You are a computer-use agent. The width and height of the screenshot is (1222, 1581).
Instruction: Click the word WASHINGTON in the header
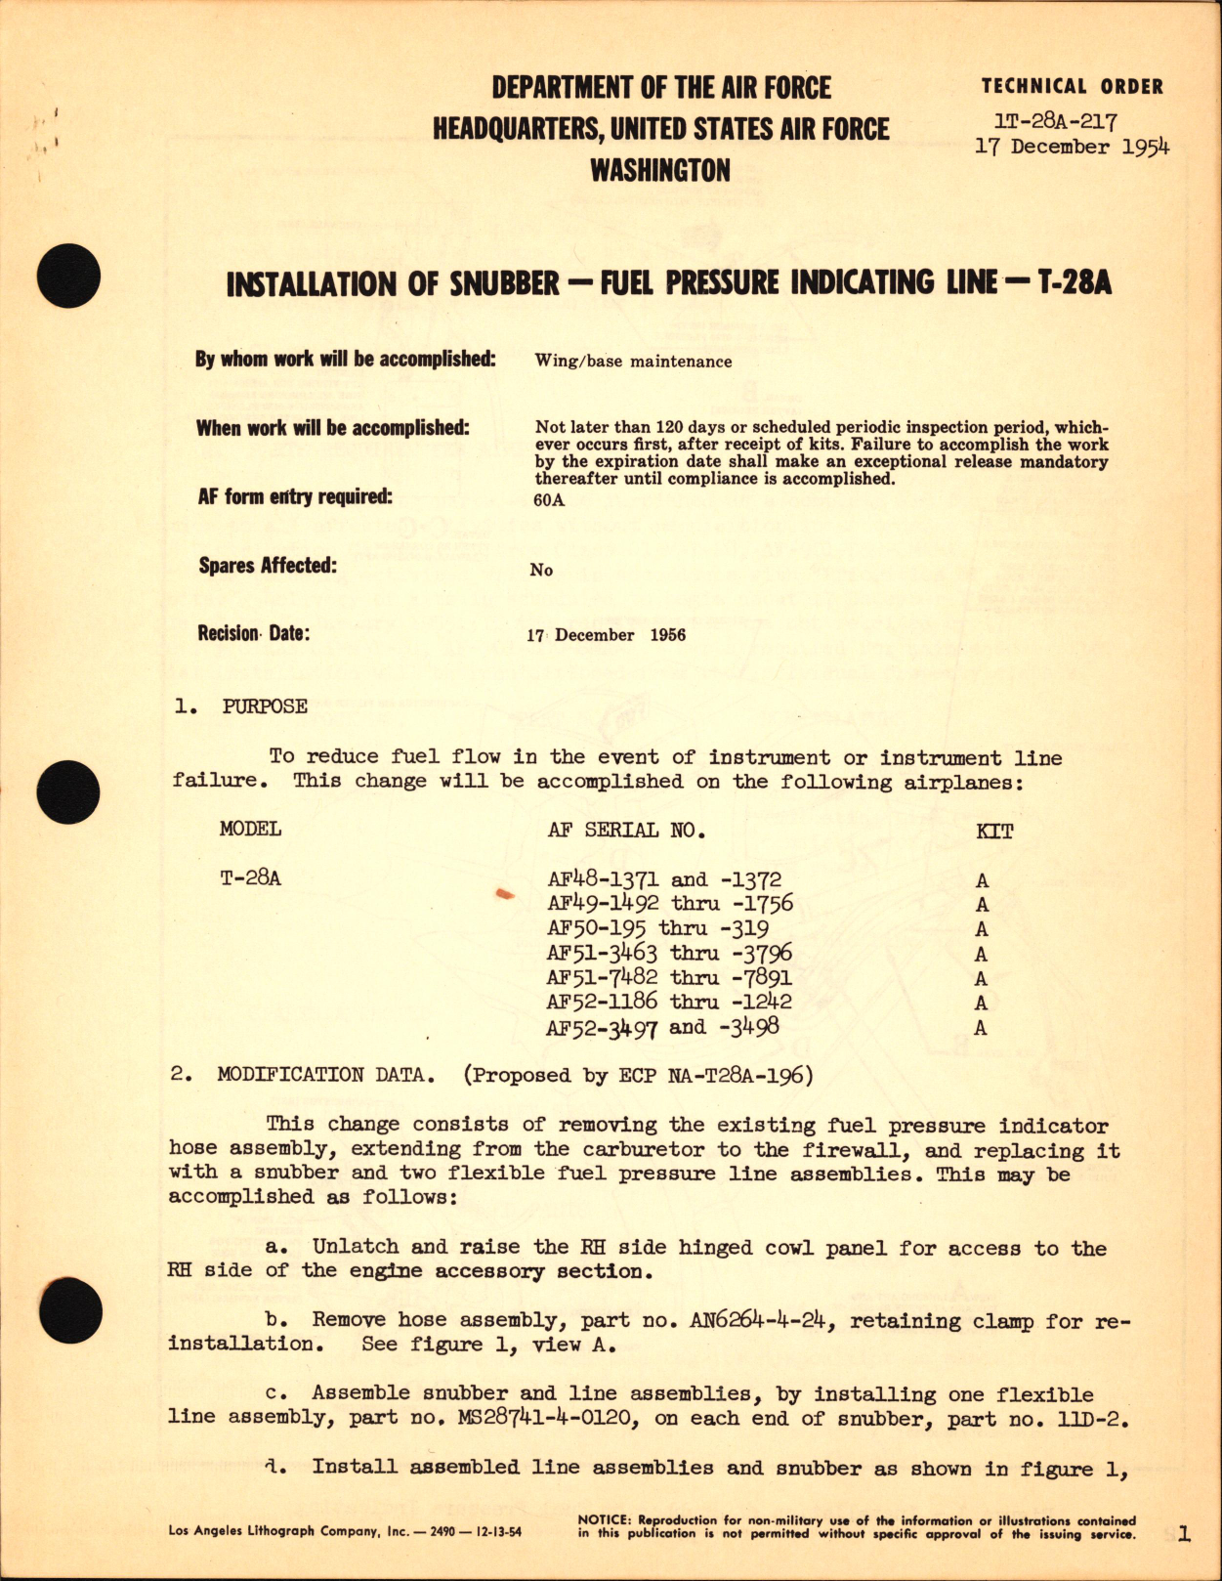pyautogui.click(x=660, y=171)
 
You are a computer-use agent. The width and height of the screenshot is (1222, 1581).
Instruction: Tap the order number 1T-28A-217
pyautogui.click(x=1055, y=121)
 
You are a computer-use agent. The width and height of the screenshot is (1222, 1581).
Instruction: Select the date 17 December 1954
pyautogui.click(x=1072, y=148)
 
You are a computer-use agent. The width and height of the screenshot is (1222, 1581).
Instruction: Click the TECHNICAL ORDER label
pyautogui.click(x=1072, y=87)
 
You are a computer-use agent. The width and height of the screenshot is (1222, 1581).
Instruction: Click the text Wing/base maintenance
pyautogui.click(x=633, y=362)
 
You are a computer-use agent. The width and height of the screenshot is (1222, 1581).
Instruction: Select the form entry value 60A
pyautogui.click(x=549, y=501)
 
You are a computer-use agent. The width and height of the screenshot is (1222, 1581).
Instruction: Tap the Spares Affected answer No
pyautogui.click(x=541, y=570)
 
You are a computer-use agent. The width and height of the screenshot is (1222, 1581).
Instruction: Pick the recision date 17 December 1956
pyautogui.click(x=606, y=635)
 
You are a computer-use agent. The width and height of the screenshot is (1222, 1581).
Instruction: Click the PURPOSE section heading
pyautogui.click(x=264, y=706)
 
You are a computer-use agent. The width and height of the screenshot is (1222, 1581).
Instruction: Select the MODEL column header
pyautogui.click(x=250, y=829)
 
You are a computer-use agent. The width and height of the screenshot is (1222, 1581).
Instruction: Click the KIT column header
pyautogui.click(x=994, y=832)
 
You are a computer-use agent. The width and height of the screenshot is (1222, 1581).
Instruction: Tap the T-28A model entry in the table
pyautogui.click(x=250, y=878)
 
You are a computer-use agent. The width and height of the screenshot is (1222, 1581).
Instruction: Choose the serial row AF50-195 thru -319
pyautogui.click(x=657, y=928)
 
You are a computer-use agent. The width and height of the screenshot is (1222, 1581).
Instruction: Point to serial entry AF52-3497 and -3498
pyautogui.click(x=663, y=1027)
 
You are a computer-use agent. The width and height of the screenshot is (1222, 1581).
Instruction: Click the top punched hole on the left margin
pyautogui.click(x=68, y=270)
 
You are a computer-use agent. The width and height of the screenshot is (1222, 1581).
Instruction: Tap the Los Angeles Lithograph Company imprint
pyautogui.click(x=344, y=1531)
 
